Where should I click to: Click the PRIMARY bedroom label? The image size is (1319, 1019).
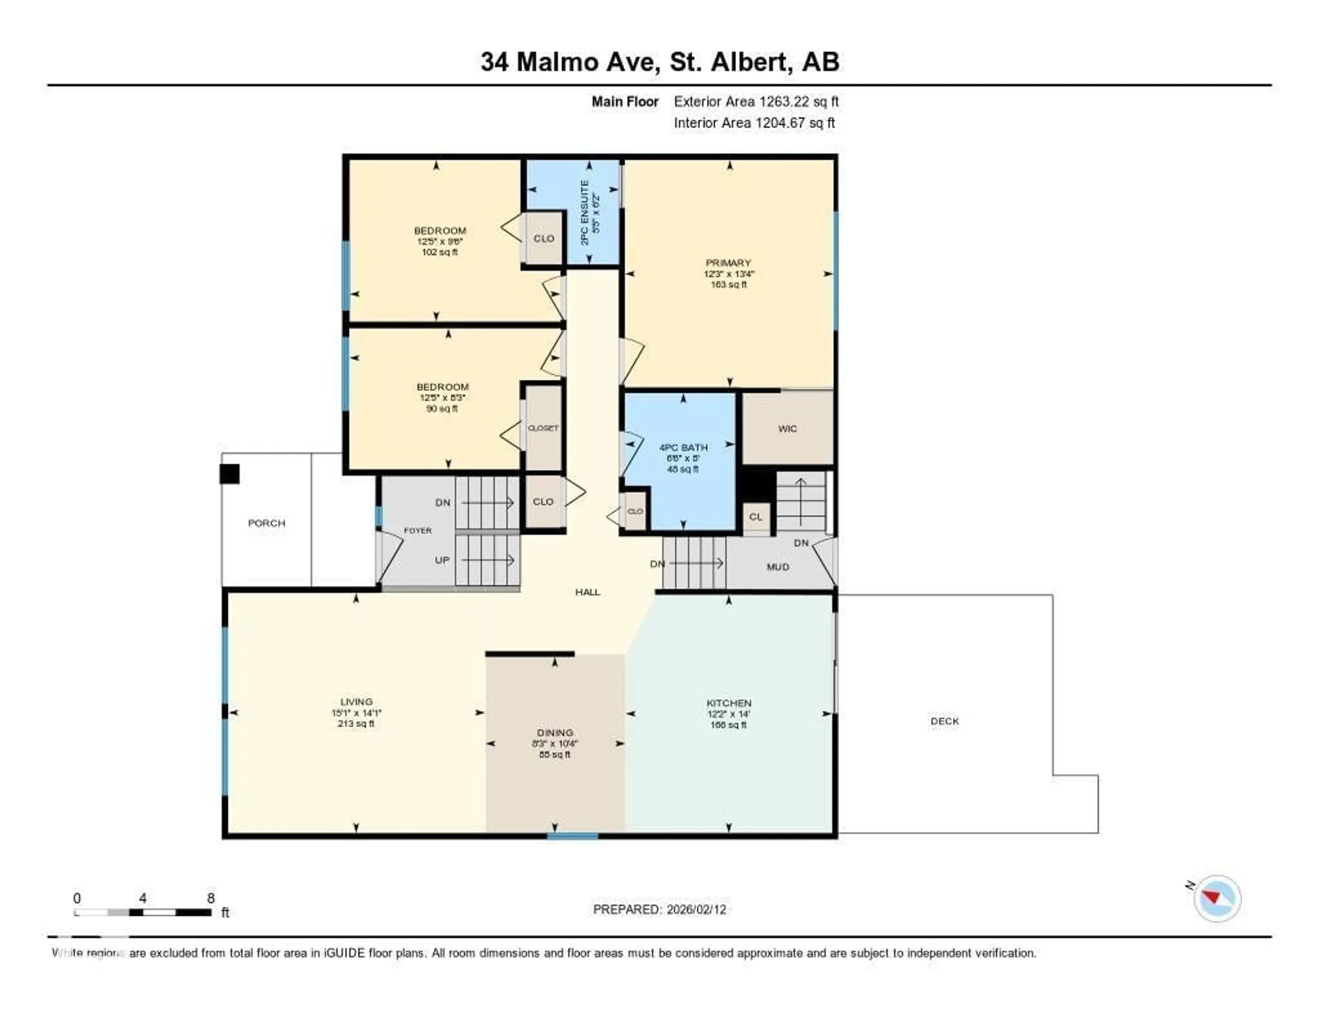pos(728,263)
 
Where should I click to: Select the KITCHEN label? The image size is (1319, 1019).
pos(729,703)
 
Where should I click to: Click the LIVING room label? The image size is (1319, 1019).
pos(356,702)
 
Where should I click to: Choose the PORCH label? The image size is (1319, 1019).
pos(266,523)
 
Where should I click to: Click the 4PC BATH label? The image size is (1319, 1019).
pos(683,448)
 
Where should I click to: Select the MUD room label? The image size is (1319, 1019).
pos(778,567)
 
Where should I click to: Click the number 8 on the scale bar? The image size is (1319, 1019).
pos(211,898)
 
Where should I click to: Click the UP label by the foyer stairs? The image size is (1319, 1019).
pos(442,560)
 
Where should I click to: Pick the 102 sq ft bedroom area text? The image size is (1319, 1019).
pos(440,252)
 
